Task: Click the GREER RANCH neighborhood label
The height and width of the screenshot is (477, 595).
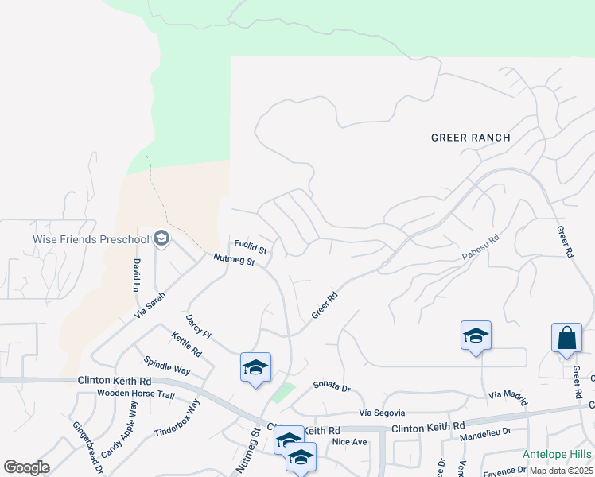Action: coord(470,138)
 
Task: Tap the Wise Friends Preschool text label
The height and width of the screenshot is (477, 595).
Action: coord(91,239)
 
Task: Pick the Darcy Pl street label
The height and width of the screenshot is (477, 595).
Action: coord(197,326)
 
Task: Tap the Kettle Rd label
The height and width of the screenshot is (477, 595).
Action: coord(186,343)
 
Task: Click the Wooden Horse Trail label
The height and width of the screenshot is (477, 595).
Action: coord(135,394)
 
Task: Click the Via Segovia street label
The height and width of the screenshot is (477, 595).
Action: coord(382,413)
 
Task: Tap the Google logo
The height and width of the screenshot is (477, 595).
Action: coord(26,467)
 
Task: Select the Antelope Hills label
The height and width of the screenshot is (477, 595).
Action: coord(557,454)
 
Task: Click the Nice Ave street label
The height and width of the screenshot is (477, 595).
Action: coord(349,441)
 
